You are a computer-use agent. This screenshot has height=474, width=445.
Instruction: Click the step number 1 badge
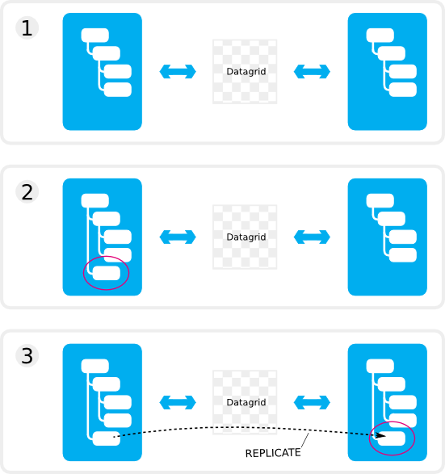(x=27, y=28)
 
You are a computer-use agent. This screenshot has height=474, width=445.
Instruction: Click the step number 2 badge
(x=27, y=192)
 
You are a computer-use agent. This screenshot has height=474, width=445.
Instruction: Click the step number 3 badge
(x=27, y=356)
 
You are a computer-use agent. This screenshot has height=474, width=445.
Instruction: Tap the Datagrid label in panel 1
(x=246, y=72)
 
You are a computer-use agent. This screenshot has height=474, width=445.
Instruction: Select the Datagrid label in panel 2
(x=246, y=237)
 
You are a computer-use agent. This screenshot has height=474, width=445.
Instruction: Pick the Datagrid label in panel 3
(x=246, y=402)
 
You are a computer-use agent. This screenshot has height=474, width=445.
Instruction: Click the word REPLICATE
(x=273, y=453)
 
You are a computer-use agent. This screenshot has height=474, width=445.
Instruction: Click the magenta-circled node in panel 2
(x=107, y=273)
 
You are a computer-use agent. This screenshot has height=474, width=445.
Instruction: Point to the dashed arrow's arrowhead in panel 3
(x=381, y=436)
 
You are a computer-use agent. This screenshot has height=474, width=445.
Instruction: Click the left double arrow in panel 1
(x=178, y=72)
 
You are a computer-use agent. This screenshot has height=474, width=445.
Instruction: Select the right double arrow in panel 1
(x=312, y=72)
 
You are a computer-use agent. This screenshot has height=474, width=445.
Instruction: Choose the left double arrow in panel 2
(x=178, y=237)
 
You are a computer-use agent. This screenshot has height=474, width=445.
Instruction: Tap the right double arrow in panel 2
(x=312, y=237)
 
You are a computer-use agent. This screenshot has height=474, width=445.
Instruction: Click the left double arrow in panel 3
(x=178, y=402)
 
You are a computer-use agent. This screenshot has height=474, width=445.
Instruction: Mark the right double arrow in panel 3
(x=312, y=402)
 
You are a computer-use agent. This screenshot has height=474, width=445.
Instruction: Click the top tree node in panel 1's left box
(x=95, y=36)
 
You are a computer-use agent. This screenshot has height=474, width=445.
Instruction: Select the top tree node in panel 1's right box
(x=380, y=36)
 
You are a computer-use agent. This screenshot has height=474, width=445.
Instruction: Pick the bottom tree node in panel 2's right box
(x=403, y=255)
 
